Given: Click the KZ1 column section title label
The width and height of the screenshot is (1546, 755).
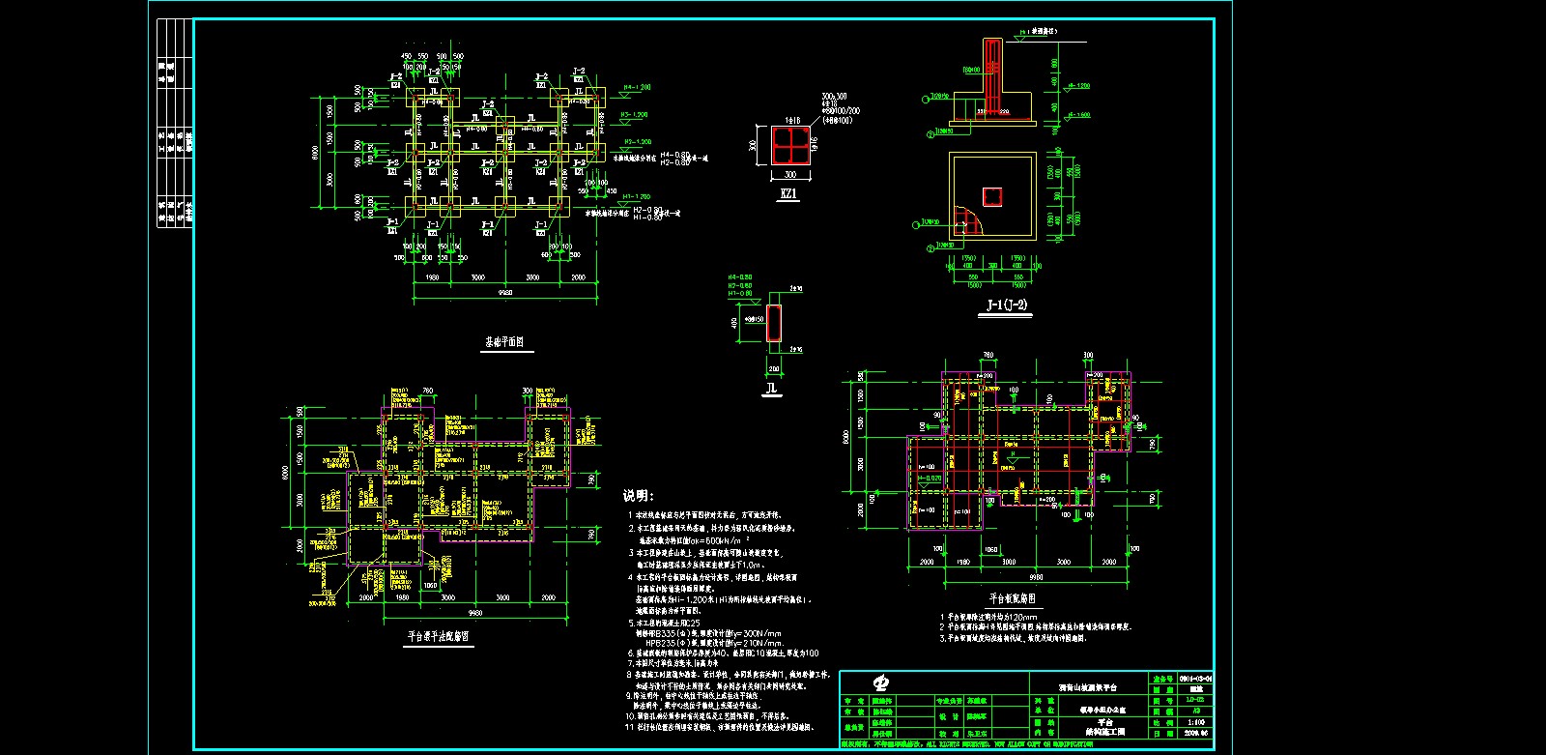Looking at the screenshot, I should (x=789, y=194).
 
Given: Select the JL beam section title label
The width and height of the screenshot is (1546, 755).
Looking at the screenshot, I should (x=771, y=389).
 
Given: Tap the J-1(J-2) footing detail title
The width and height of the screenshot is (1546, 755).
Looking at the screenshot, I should (x=1006, y=306).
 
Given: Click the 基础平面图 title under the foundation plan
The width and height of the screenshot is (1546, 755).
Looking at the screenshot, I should (x=503, y=342).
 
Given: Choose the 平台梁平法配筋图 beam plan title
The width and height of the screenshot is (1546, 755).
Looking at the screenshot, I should (x=439, y=637).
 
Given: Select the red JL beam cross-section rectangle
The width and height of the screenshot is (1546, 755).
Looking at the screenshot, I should (x=773, y=322).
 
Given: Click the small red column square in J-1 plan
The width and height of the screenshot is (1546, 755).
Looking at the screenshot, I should (x=992, y=197).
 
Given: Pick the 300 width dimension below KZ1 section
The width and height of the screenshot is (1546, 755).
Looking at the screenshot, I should (x=789, y=175).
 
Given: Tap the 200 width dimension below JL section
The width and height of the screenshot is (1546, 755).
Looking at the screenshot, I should (x=773, y=368).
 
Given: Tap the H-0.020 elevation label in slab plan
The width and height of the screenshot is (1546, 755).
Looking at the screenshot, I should (x=930, y=478).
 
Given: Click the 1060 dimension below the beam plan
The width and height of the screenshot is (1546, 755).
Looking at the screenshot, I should (x=429, y=585).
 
